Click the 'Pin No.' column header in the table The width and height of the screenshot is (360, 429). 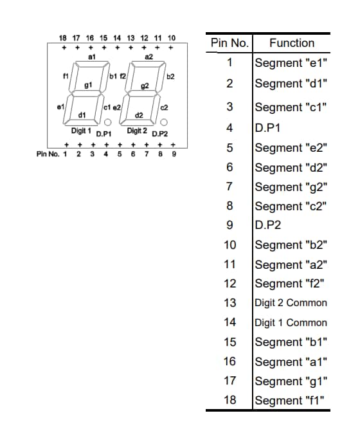pyautogui.click(x=230, y=43)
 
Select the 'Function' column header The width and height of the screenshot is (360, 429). pyautogui.click(x=292, y=43)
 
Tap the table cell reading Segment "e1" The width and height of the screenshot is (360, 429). pyautogui.click(x=291, y=63)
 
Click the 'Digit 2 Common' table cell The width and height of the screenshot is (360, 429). pyautogui.click(x=291, y=303)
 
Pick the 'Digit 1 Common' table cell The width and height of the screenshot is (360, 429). pyautogui.click(x=291, y=323)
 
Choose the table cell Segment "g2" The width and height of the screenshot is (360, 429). pyautogui.click(x=291, y=187)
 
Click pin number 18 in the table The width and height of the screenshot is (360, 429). pyautogui.click(x=230, y=400)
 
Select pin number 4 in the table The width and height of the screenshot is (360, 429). pyautogui.click(x=230, y=127)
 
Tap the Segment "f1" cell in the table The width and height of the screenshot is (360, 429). pyautogui.click(x=291, y=401)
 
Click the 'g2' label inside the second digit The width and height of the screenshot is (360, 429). pyautogui.click(x=145, y=86)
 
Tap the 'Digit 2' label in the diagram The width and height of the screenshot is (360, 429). pyautogui.click(x=138, y=131)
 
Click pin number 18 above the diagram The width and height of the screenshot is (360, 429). pyautogui.click(x=63, y=39)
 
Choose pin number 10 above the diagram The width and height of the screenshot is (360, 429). pyautogui.click(x=172, y=39)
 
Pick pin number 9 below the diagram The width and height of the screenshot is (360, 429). pyautogui.click(x=173, y=154)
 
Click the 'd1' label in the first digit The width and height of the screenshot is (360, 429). pyautogui.click(x=82, y=114)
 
